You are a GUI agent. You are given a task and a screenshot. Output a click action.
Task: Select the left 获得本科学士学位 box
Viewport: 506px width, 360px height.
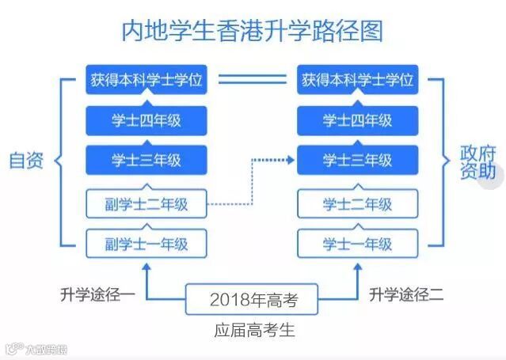146,80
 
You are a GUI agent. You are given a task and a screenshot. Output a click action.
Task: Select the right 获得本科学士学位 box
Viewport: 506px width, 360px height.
357,80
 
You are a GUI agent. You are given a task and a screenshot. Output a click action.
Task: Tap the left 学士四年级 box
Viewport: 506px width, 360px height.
146,120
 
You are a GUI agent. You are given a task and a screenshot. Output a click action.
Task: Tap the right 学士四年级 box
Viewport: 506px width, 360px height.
357,120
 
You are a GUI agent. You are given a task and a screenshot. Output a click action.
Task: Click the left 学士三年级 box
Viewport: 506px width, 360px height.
146,161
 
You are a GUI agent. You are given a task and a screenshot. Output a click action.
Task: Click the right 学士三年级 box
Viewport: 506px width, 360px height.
357,161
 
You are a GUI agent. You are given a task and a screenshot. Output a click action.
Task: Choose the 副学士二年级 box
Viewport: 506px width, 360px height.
146,203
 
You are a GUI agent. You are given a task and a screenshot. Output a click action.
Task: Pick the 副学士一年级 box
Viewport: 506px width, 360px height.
146,244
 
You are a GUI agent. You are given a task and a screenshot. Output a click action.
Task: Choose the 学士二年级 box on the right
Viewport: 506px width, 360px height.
357,203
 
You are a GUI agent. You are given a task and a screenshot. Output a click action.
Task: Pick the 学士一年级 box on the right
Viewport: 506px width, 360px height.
357,244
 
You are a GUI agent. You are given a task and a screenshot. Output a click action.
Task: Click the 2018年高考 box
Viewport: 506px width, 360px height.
253,300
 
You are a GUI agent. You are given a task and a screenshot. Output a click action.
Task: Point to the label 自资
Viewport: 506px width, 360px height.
27,161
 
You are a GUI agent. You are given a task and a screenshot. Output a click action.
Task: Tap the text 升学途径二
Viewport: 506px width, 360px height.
406,294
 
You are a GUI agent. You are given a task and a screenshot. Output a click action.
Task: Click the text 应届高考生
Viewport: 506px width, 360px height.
253,331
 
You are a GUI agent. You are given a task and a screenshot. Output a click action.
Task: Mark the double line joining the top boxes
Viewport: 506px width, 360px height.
252,80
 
